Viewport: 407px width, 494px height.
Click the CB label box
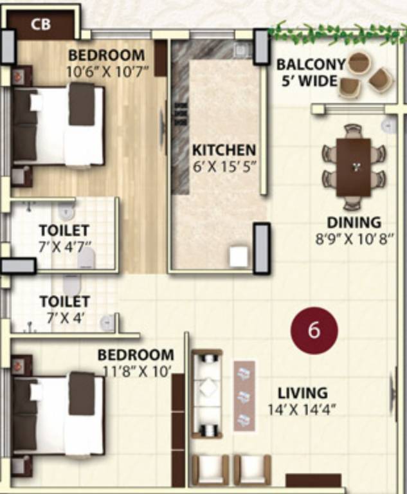pos(42,26)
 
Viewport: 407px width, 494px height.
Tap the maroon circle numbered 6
pos(313,331)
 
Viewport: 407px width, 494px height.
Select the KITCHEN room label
pos(224,151)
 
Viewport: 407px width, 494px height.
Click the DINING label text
pos(354,223)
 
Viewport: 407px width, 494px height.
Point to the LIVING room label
pos(302,392)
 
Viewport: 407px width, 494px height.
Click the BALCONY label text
pos(311,65)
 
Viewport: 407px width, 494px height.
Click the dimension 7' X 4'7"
pos(64,245)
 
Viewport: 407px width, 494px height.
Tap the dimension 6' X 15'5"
pos(224,167)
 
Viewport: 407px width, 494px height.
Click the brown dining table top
pos(354,167)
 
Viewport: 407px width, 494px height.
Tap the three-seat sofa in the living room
pos(207,394)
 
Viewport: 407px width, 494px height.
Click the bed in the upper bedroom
pos(61,125)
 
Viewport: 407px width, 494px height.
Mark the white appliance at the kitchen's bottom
pos(239,257)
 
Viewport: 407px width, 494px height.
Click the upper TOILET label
pos(64,230)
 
